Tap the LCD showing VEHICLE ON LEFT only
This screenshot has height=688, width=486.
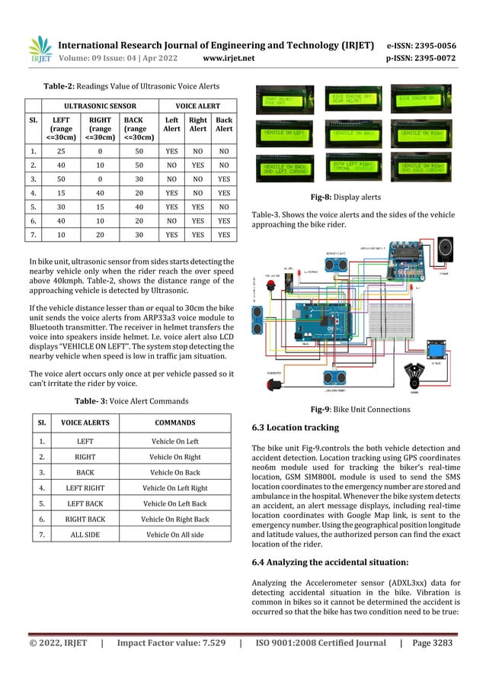pos(284,133)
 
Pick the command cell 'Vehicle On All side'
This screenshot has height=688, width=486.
pos(175,535)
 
